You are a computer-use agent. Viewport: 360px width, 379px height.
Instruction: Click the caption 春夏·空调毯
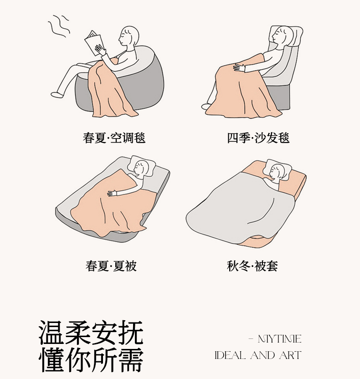point(114,138)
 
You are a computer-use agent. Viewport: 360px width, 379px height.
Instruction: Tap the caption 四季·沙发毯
point(258,138)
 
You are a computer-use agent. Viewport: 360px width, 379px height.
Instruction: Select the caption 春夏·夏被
point(111,266)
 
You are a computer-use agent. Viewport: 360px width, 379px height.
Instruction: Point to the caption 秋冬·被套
point(252,266)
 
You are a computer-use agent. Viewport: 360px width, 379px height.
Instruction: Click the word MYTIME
point(279,339)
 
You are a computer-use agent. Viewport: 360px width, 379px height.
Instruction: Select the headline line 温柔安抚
point(91,333)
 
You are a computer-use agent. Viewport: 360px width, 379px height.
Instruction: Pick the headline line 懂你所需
point(91,359)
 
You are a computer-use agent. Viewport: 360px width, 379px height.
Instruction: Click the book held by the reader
point(94,43)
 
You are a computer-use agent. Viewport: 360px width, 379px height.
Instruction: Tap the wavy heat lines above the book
point(59,26)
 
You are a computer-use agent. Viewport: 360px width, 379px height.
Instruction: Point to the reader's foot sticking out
point(56,94)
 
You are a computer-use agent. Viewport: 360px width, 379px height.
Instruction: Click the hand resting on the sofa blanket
point(239,67)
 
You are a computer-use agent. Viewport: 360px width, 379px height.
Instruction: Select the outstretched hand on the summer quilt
point(112,193)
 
